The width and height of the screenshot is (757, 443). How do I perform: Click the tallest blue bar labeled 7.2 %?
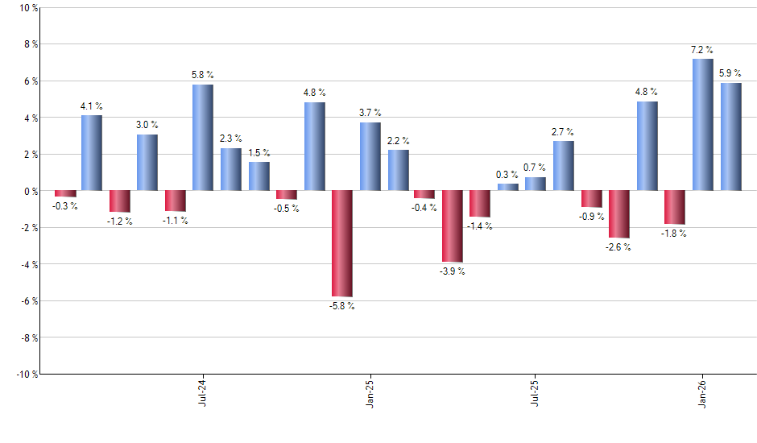(702, 125)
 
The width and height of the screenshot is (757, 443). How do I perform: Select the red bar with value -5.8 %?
(342, 243)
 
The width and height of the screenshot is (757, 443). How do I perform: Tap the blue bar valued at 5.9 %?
(730, 137)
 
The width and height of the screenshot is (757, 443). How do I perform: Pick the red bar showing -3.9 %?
(453, 226)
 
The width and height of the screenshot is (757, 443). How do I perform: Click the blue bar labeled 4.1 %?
(92, 153)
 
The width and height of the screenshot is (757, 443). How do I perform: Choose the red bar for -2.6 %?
(619, 214)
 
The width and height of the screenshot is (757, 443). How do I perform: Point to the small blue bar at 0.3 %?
(508, 187)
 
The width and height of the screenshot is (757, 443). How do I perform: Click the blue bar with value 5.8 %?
(203, 138)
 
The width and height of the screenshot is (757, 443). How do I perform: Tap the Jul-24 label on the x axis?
(201, 391)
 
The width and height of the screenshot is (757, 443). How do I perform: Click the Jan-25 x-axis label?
(369, 391)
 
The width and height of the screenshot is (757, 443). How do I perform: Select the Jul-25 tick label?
(536, 391)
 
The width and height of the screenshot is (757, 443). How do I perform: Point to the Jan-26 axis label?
(702, 391)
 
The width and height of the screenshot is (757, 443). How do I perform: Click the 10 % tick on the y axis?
(27, 8)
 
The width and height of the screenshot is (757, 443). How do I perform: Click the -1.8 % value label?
(675, 234)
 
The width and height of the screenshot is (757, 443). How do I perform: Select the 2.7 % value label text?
(563, 131)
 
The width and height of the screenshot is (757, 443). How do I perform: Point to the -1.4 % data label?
(480, 226)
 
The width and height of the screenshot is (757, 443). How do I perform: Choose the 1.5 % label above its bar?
(259, 152)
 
